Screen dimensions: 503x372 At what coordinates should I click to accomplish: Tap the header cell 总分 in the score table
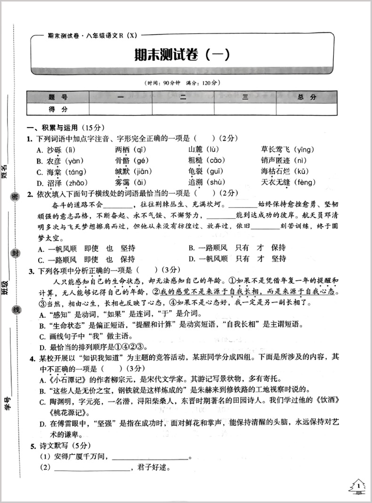[307, 97]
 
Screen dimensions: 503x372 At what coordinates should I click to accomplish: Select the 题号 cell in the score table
[58, 97]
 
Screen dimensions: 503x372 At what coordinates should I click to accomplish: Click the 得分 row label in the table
[58, 109]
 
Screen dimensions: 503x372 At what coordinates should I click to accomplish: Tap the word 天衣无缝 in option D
[276, 183]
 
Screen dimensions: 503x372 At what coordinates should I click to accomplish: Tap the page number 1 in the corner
[358, 485]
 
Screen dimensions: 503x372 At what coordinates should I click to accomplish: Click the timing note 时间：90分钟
[163, 83]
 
